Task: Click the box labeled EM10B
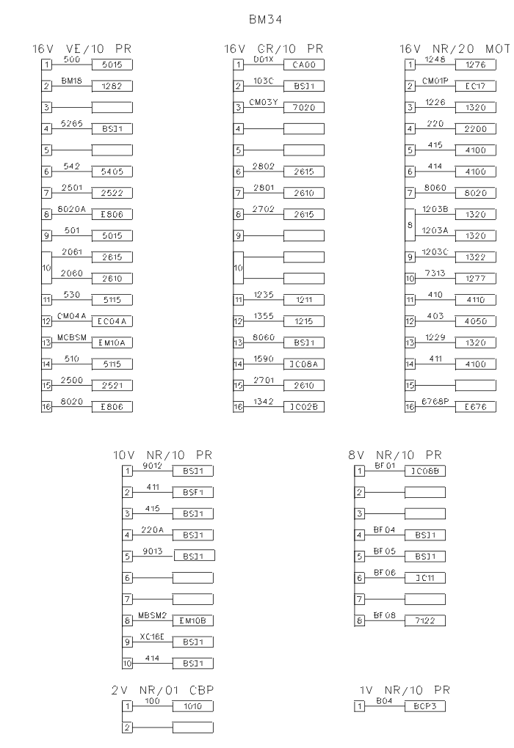coord(192,620)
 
